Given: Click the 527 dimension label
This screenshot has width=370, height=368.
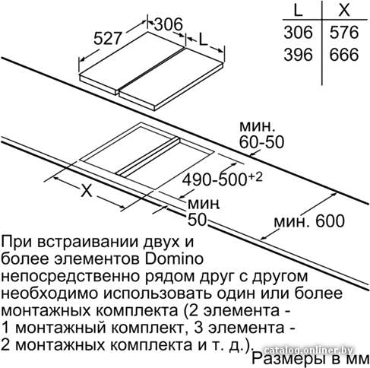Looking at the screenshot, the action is tap(108, 39).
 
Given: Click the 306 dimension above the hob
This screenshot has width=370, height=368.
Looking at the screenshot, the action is tap(168, 24).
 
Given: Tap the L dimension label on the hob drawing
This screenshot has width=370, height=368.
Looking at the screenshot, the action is tap(203, 40).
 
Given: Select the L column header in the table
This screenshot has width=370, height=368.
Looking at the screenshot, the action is tap(298, 10).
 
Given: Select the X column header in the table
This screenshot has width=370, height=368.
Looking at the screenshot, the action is tap(344, 10).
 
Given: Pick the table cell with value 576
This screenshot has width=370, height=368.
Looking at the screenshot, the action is tap(344, 32).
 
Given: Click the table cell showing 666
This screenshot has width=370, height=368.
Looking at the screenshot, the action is tap(344, 55).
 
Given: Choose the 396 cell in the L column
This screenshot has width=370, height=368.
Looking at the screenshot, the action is tap(298, 55).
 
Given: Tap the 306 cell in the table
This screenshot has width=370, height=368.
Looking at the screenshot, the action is tap(298, 32).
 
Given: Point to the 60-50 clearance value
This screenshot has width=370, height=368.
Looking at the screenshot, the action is tap(261, 142).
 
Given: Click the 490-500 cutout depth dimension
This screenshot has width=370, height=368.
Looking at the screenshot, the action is tap(215, 180).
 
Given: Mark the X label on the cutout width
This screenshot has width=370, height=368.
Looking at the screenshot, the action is tap(87, 190).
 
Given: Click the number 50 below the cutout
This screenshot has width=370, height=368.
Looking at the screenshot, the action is tap(197, 220).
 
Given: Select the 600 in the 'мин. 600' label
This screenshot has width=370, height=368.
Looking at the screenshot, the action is tap(330, 220).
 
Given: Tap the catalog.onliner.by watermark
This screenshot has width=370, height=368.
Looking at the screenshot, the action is tap(308, 351).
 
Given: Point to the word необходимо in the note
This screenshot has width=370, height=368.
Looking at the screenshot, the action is tap(49, 293).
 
